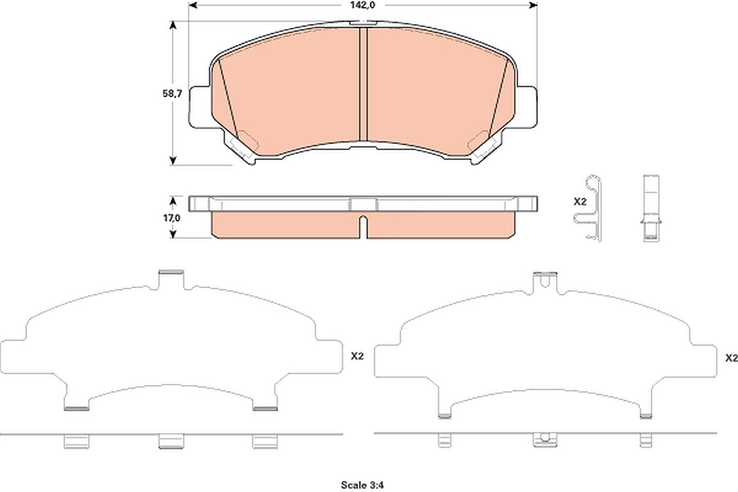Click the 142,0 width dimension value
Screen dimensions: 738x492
(x=362, y=6)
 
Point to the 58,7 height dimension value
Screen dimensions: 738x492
(x=172, y=93)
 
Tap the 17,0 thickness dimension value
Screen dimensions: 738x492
(x=172, y=218)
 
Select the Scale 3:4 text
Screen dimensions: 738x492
(x=362, y=485)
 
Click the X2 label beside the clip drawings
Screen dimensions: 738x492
(x=580, y=202)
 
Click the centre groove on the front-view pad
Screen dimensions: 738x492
(x=363, y=84)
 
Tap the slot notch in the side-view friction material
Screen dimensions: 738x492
(x=363, y=227)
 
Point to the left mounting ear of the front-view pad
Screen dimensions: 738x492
(x=200, y=107)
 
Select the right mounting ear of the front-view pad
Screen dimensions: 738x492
(x=526, y=107)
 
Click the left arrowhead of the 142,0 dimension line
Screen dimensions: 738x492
(x=192, y=6)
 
